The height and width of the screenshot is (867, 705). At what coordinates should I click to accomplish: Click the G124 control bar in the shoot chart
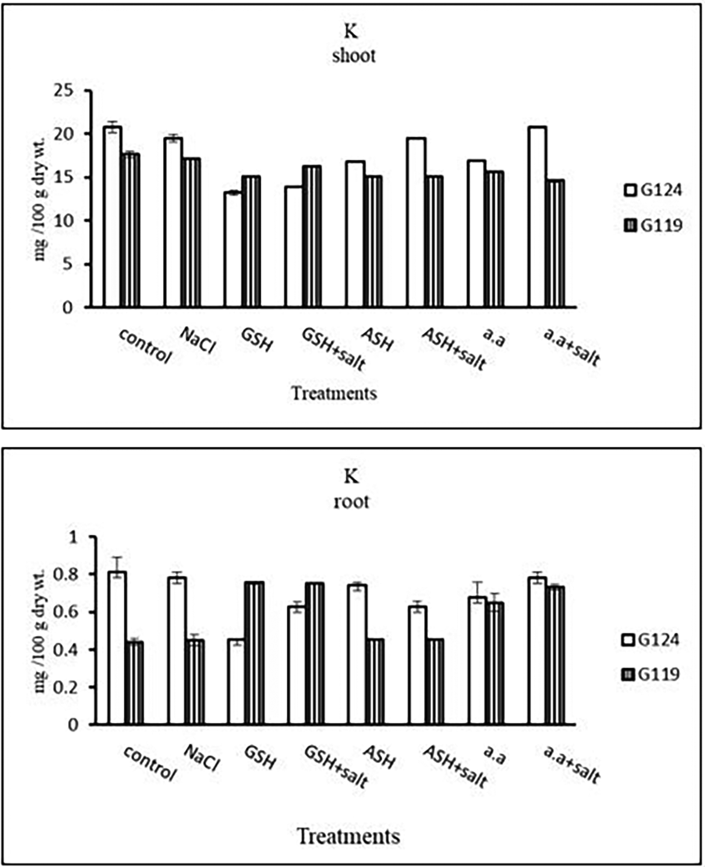(x=112, y=217)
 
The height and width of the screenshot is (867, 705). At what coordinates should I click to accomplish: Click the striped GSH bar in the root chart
(x=254, y=653)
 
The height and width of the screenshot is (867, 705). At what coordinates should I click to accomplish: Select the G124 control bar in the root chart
(x=117, y=648)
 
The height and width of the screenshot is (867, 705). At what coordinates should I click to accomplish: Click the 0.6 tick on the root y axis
(x=74, y=612)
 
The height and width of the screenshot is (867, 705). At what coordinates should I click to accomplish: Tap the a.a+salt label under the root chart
(x=571, y=764)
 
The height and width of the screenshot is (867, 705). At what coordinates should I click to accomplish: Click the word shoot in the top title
(x=353, y=56)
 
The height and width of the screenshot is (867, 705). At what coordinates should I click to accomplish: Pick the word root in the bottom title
(x=352, y=502)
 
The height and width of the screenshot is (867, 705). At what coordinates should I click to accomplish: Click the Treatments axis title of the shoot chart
(x=334, y=394)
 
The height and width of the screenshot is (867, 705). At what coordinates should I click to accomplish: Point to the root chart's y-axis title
(x=40, y=631)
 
